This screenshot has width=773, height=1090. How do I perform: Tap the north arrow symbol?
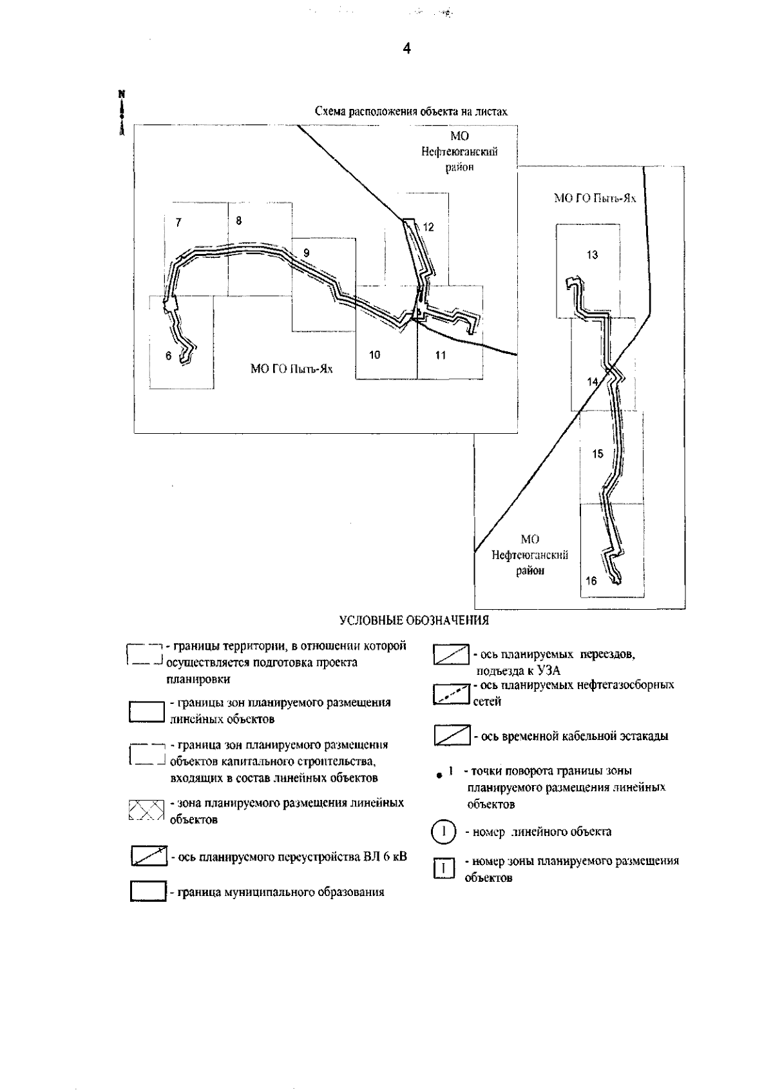(x=120, y=113)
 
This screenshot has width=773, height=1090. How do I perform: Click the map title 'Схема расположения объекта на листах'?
(x=411, y=112)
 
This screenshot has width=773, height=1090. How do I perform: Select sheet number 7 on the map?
(x=178, y=223)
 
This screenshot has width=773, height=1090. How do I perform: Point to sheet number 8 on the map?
(x=239, y=220)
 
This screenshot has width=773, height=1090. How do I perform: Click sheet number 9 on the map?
(x=307, y=253)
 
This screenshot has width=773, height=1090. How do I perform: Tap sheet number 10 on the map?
(x=375, y=355)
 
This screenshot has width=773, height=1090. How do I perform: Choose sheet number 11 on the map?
(x=441, y=355)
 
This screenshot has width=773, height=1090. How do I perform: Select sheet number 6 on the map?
(x=169, y=356)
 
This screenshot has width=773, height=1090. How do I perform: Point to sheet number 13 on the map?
(x=592, y=255)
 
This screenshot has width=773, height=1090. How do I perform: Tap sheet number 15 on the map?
(x=597, y=454)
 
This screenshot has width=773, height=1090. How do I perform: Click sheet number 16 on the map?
(x=591, y=581)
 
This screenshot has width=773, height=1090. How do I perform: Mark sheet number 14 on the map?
(x=592, y=382)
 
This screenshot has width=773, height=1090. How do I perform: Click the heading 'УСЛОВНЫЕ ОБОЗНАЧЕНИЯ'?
(x=414, y=621)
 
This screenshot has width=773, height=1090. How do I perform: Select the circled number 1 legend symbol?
(x=443, y=831)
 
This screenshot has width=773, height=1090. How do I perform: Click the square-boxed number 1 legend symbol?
(x=443, y=868)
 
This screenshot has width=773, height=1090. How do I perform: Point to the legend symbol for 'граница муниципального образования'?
(x=148, y=891)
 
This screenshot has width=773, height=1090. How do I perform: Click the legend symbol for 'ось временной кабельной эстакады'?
(x=451, y=735)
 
